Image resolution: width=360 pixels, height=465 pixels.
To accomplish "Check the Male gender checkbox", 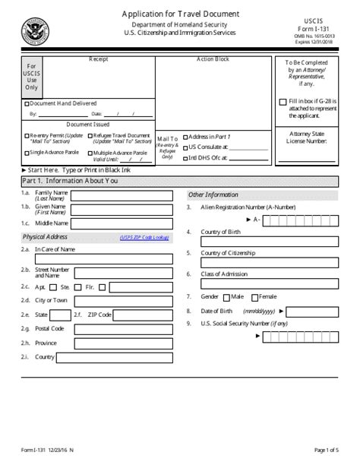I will tap(226, 297).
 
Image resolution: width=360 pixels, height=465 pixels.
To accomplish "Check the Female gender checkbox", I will tap(256, 297).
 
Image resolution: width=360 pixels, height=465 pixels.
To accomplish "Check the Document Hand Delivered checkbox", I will tap(28, 103).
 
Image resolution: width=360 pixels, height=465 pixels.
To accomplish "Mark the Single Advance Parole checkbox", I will tap(27, 152).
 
